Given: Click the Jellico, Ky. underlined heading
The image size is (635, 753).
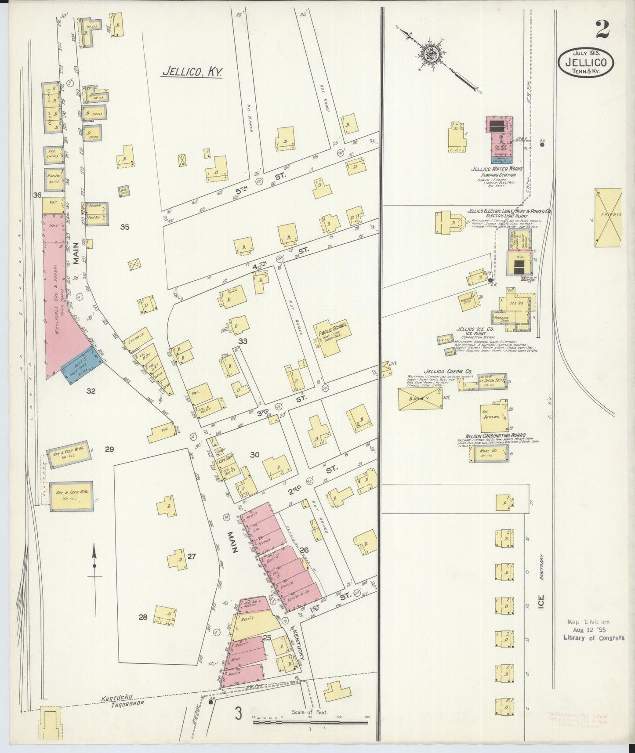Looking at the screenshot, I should (x=191, y=72).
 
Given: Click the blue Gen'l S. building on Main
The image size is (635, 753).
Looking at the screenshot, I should (x=83, y=364).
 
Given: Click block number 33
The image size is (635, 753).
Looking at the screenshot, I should (x=243, y=341).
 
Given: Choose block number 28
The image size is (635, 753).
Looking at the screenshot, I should (x=143, y=617).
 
